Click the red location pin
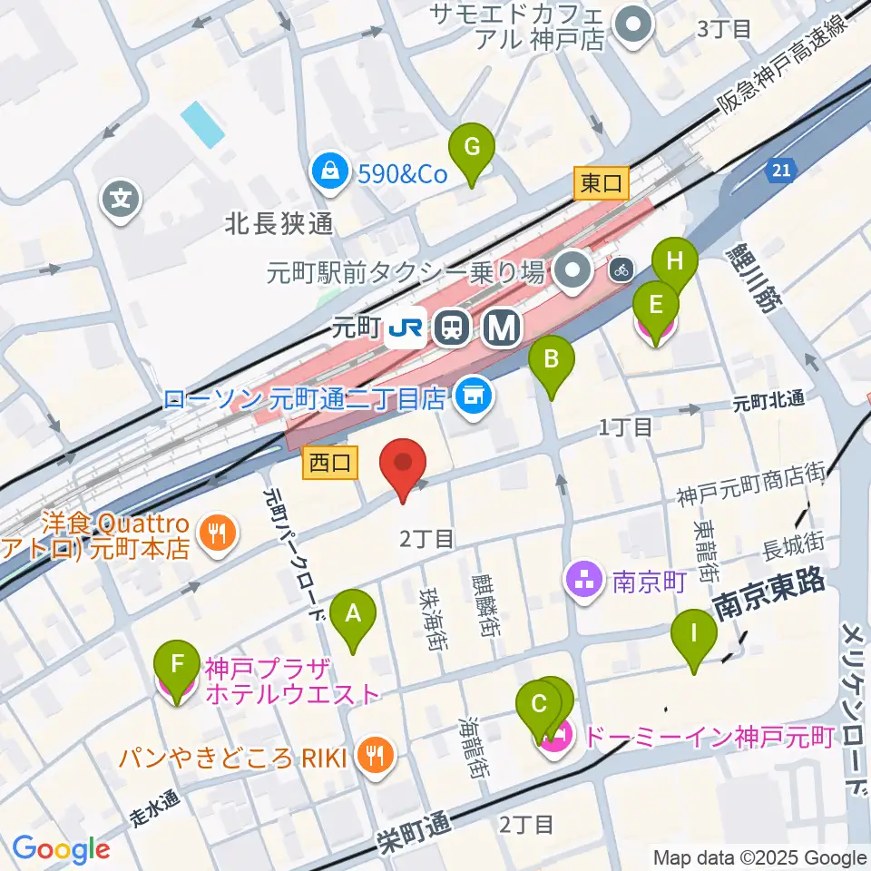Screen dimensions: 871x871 (406, 467)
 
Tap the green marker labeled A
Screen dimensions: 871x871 (354, 619)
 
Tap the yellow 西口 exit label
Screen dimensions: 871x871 (331, 464)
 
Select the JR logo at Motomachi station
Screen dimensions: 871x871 (404, 329)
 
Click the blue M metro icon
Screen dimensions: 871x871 (500, 328)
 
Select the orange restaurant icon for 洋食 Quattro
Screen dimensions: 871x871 (217, 533)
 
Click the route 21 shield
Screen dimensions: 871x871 (782, 169)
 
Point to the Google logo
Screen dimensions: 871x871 (61, 849)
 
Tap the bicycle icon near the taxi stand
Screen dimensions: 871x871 (621, 269)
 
